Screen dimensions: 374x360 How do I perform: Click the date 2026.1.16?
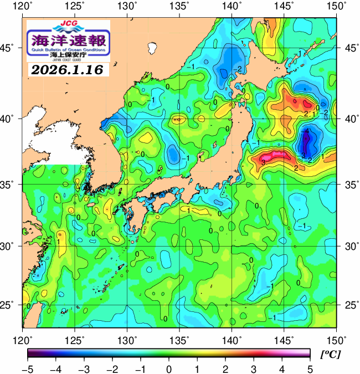(68, 70)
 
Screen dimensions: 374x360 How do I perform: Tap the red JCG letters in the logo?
(68, 24)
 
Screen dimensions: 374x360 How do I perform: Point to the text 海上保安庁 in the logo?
(68, 55)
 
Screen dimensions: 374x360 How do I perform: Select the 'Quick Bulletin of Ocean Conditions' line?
(68, 49)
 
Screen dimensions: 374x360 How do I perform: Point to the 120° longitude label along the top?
(23, 7)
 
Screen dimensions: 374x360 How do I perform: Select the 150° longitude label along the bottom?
(336, 339)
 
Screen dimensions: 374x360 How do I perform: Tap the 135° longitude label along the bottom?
(179, 339)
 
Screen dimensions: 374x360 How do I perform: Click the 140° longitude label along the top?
(232, 7)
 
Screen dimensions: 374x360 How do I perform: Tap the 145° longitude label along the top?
(284, 7)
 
